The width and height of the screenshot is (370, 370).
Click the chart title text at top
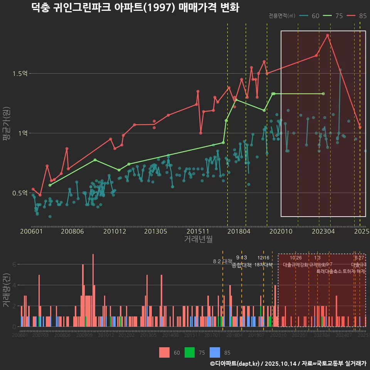point(135,7)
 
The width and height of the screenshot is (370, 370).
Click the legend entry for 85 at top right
point(357,16)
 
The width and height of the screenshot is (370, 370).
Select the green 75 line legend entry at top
point(333,16)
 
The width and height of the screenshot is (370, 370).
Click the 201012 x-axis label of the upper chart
point(114,232)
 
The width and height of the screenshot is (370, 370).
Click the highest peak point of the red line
point(328,35)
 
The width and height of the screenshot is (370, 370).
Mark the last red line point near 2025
point(360,127)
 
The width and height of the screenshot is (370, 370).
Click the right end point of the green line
point(323,94)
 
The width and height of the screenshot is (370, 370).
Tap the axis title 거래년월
point(198,239)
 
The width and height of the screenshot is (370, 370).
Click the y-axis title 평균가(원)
point(7,133)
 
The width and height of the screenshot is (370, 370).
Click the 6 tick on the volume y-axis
point(14,264)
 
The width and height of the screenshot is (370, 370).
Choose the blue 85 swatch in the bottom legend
point(215,352)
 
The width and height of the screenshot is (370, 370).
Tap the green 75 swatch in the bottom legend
point(190,352)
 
